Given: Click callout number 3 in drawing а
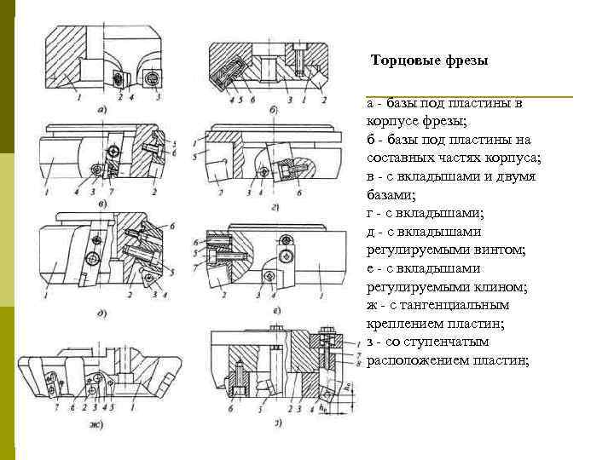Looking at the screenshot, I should [159, 99].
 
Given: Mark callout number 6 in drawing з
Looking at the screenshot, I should [230, 409].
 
